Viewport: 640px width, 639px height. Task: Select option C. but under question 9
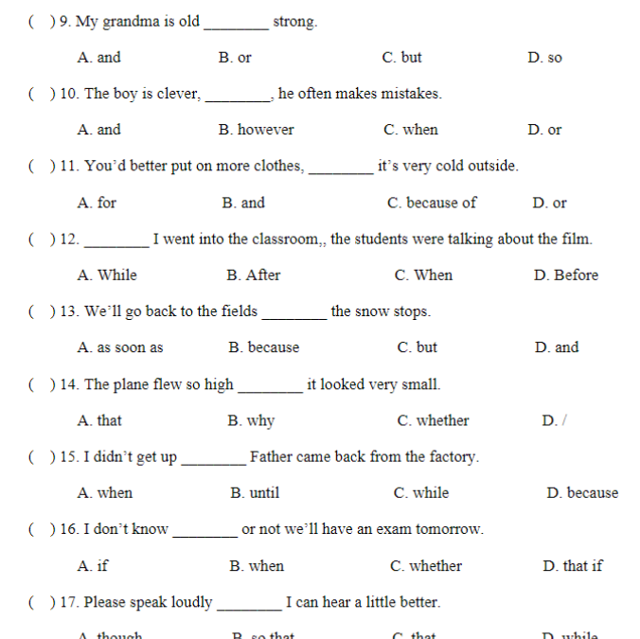(x=401, y=58)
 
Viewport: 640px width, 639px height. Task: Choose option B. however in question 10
(x=256, y=130)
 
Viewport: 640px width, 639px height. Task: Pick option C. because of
(x=432, y=203)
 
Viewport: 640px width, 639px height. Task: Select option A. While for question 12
(x=107, y=275)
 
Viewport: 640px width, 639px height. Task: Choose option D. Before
(x=565, y=275)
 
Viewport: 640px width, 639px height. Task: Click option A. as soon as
(x=120, y=347)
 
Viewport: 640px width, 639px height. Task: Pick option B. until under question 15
(x=255, y=493)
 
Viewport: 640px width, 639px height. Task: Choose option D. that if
(x=572, y=566)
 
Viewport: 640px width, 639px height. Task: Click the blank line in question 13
(x=293, y=317)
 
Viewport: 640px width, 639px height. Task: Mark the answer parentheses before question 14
(x=41, y=384)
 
